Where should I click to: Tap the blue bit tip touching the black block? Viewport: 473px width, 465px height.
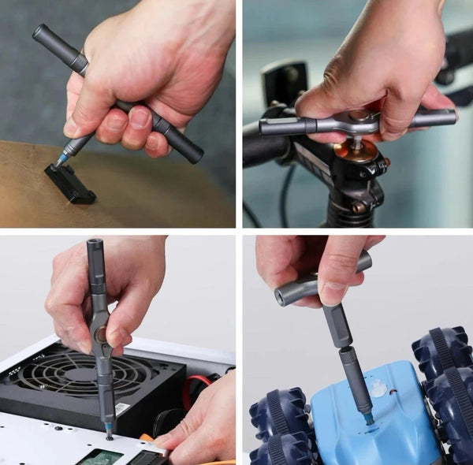click(59, 160)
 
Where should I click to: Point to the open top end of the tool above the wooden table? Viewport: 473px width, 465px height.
click(38, 32)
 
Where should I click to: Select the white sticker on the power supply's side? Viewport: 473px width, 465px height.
click(122, 411)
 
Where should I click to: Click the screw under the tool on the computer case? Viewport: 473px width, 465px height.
click(108, 436)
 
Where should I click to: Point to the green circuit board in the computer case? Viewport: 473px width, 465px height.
click(99, 457)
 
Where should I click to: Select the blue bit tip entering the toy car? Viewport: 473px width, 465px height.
click(368, 417)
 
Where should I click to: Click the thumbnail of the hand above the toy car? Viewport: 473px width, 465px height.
click(332, 293)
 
